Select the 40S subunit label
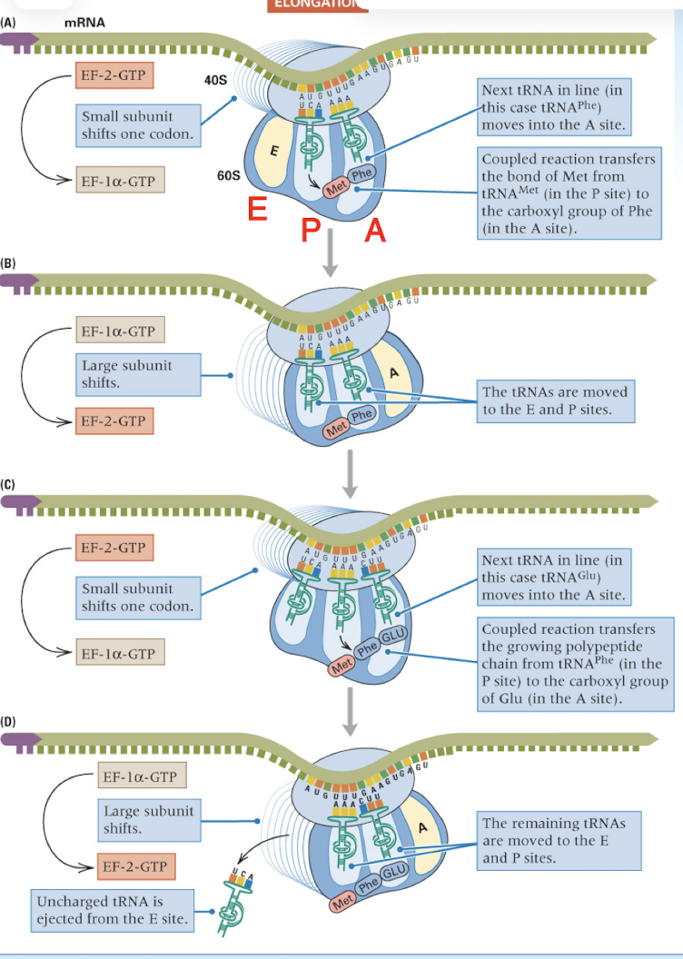(x=217, y=82)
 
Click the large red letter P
(x=311, y=231)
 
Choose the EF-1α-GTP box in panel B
(x=119, y=331)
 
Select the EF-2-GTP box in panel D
(x=135, y=866)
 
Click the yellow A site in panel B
(x=394, y=373)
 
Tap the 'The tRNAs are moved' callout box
(x=555, y=401)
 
